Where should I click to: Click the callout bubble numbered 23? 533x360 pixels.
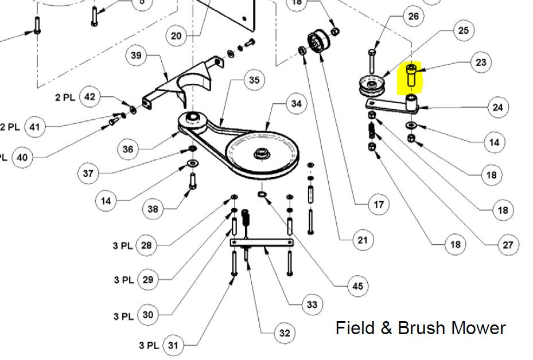[481, 62]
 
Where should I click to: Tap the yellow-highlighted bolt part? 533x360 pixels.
[411, 76]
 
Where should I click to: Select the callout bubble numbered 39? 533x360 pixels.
[136, 56]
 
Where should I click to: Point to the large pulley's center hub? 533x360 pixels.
[262, 153]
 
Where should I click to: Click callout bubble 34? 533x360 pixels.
[297, 103]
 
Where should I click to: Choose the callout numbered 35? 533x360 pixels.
[254, 80]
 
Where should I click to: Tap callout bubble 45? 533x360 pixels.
[357, 286]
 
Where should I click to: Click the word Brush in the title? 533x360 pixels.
[421, 328]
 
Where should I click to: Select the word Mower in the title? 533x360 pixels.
[478, 328]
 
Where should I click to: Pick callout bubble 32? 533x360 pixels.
[285, 333]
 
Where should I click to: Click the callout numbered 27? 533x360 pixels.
[508, 245]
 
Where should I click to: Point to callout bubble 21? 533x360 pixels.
[363, 240]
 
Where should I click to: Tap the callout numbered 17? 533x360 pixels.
[379, 205]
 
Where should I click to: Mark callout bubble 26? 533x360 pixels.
[413, 16]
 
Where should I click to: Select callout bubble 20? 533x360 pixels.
[176, 36]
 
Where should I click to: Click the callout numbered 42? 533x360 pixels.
[90, 97]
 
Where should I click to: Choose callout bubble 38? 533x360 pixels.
[153, 209]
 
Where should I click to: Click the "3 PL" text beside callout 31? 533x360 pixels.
[149, 346]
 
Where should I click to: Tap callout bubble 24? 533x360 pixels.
[497, 107]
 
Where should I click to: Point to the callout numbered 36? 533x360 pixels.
[128, 149]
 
